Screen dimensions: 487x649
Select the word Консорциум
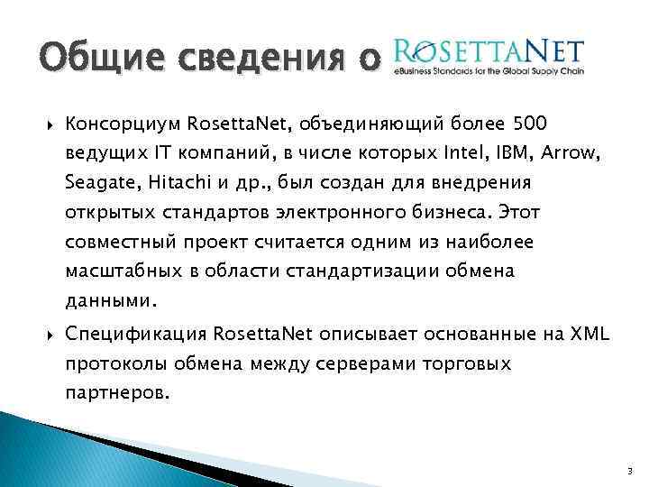tap(125, 122)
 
